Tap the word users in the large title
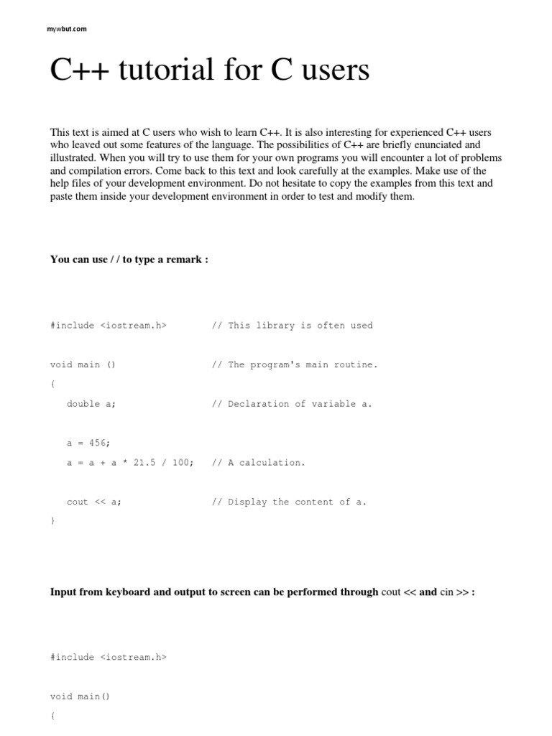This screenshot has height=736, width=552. coord(334,70)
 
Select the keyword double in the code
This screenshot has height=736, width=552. coord(83,404)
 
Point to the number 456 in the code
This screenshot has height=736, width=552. coord(100,443)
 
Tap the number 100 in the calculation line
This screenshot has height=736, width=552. coord(180,463)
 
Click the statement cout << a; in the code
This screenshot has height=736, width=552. coord(94,502)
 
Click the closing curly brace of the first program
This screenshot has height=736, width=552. coord(52,520)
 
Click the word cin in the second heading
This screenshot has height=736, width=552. coord(447,592)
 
